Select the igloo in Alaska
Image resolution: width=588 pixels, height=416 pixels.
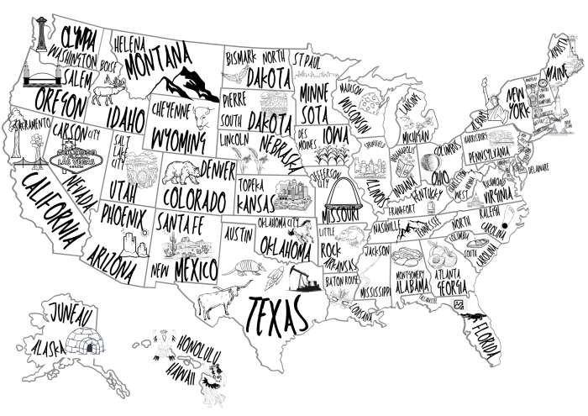pyautogui.click(x=84, y=341)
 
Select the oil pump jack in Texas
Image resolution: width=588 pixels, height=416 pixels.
pyautogui.click(x=302, y=276)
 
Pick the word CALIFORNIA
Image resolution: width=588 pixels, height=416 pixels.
pyautogui.click(x=54, y=215)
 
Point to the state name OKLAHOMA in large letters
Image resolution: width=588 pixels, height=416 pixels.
pyautogui.click(x=285, y=245)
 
